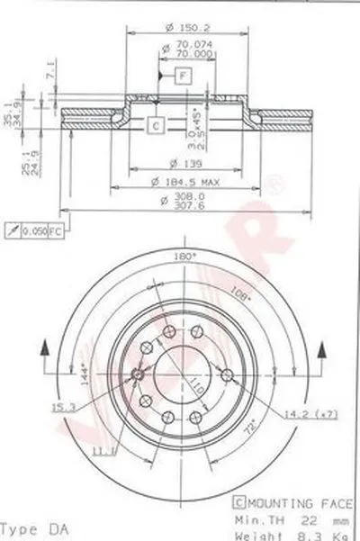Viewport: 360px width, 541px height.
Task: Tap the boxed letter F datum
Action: tap(184, 76)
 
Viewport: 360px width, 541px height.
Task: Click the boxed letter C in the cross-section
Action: tap(156, 125)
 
